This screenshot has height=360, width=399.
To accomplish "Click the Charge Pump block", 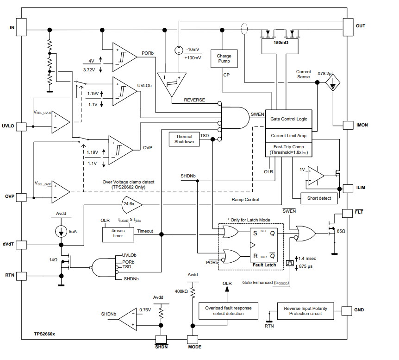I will coord(224,59).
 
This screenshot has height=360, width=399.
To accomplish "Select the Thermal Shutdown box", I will coord(184,139).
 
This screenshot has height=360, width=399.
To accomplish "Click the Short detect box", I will coord(319,198).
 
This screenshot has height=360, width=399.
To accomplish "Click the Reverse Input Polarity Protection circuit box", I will coord(305,310).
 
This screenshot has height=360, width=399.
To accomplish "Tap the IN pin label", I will coord(12,28).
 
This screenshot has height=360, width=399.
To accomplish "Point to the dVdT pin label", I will coord(9,244).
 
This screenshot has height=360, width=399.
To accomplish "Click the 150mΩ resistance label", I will coord(281,42).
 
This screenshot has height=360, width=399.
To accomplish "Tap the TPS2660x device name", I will coord(44,334).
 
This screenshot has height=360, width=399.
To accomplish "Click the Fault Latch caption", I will coord(264,265).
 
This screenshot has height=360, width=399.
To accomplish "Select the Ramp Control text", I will coord(245,200).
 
